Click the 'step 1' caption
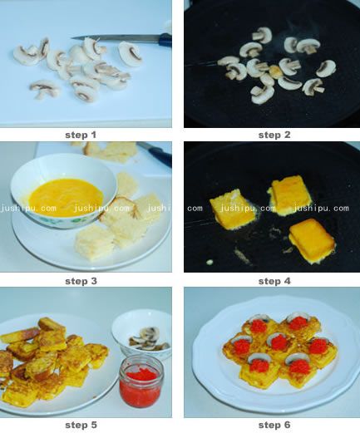point(81,135)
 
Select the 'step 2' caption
point(274,135)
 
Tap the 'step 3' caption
point(81,281)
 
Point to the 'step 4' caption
point(274,281)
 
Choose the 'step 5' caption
point(81,425)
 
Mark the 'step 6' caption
point(274,425)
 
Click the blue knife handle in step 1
point(165,40)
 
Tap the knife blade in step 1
point(116,38)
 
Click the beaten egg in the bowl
point(66,196)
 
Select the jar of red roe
point(141,381)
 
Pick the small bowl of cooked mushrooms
point(142,334)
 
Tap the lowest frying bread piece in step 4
point(312,240)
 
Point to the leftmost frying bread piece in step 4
point(232,211)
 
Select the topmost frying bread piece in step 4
point(289,194)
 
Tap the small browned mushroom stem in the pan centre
point(275,71)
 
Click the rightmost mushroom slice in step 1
point(131,53)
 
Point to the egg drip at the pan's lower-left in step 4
point(210,262)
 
